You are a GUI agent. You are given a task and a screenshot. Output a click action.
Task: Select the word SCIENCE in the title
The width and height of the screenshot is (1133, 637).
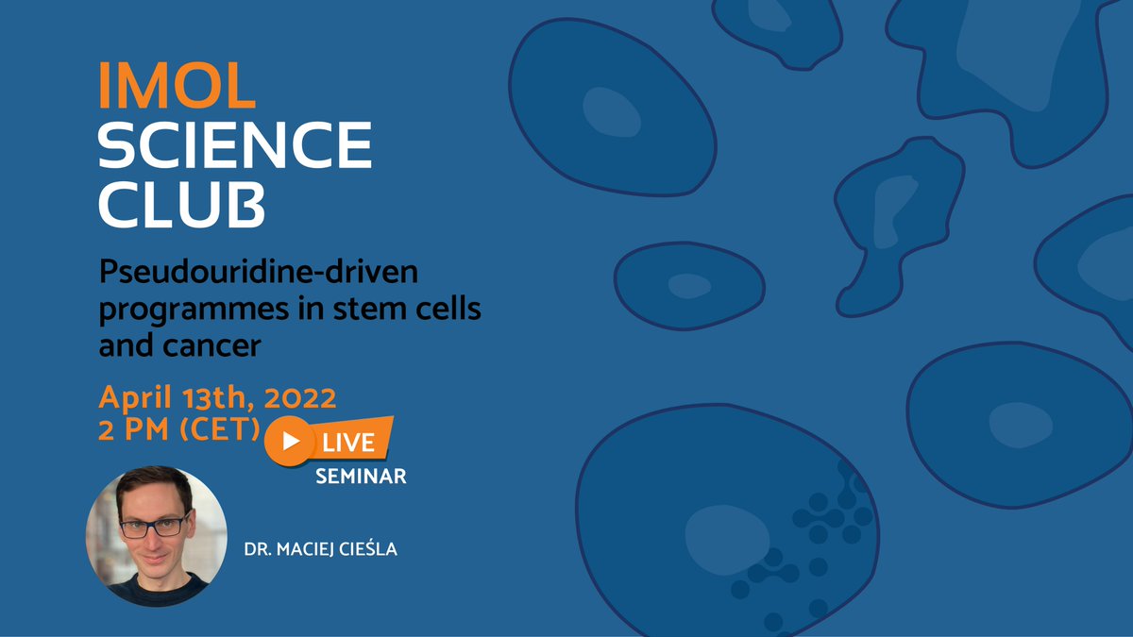click(x=235, y=146)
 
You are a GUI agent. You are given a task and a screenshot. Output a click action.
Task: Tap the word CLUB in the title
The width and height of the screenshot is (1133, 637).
click(x=182, y=205)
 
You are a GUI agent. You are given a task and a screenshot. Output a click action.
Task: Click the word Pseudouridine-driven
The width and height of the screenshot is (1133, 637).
click(x=258, y=275)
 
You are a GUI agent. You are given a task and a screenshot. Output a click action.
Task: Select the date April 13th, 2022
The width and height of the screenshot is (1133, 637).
click(x=217, y=395)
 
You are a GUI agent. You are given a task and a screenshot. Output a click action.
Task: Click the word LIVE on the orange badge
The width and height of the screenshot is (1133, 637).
click(x=350, y=442)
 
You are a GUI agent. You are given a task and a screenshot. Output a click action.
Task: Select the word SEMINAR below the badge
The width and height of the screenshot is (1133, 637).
click(x=361, y=478)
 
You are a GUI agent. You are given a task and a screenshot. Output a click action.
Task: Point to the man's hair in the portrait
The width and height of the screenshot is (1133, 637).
click(x=154, y=485)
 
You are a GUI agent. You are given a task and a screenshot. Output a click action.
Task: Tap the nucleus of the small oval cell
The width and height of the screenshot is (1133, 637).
click(x=689, y=285)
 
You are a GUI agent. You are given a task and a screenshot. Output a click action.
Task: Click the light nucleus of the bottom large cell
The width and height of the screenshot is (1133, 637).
click(x=721, y=537)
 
